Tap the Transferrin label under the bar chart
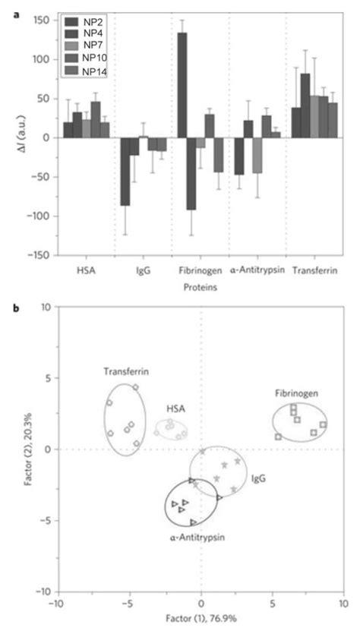317,270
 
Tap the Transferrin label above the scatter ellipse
125,372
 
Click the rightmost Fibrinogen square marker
323,424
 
